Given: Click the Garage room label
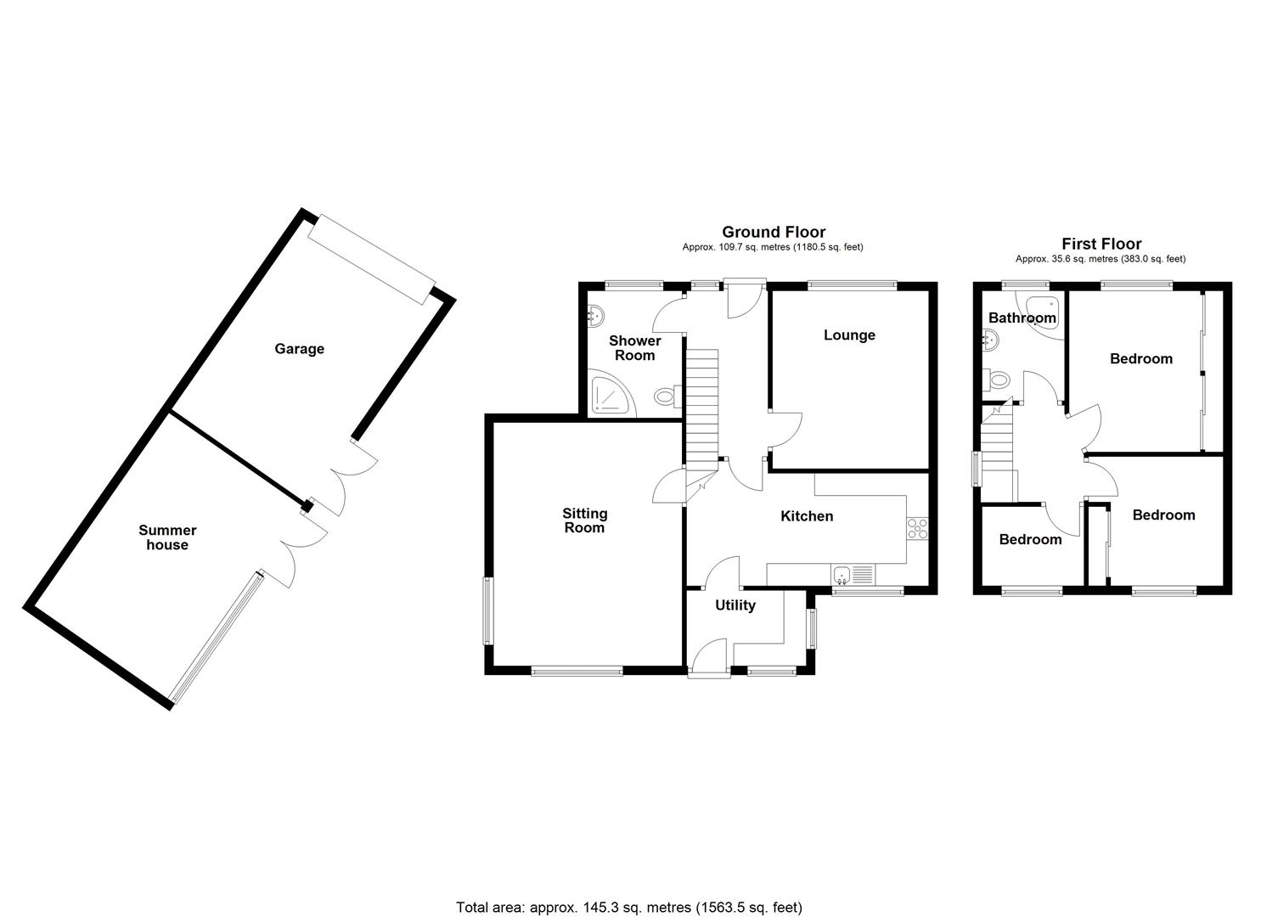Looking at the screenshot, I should (299, 349).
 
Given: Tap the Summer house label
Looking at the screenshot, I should (167, 537).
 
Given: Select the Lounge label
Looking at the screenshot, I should (849, 335).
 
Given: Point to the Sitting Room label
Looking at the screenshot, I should (584, 520).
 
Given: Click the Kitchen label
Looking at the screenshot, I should (807, 516).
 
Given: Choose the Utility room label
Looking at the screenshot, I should (735, 605).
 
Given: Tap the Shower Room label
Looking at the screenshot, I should (634, 348).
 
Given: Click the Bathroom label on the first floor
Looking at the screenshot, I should (1022, 318).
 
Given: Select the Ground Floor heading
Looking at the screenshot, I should (773, 232).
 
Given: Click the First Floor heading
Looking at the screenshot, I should (1101, 244).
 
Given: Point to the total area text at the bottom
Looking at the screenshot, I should (628, 908).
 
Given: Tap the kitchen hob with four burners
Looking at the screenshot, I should (917, 528).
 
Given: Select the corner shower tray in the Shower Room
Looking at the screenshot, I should (611, 396).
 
